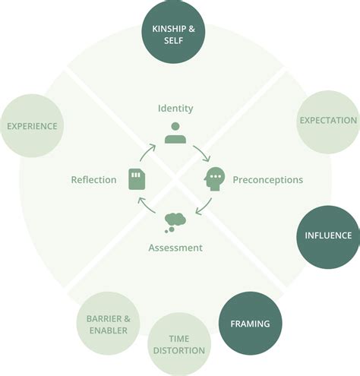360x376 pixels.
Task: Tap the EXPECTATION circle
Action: [327, 120]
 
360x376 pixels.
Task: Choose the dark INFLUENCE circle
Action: [327, 235]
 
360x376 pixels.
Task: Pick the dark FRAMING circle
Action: [250, 324]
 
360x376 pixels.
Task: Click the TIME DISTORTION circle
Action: [178, 344]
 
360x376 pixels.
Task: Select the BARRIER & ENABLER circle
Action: [107, 323]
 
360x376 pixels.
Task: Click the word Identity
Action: [175, 109]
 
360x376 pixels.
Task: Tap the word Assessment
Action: [175, 248]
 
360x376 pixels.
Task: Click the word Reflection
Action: [93, 180]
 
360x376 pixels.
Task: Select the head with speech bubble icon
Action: [214, 180]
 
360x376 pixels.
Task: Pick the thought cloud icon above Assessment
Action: [175, 222]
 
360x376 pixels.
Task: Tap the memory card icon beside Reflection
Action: [137, 179]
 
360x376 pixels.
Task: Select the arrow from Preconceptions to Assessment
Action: [204, 207]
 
